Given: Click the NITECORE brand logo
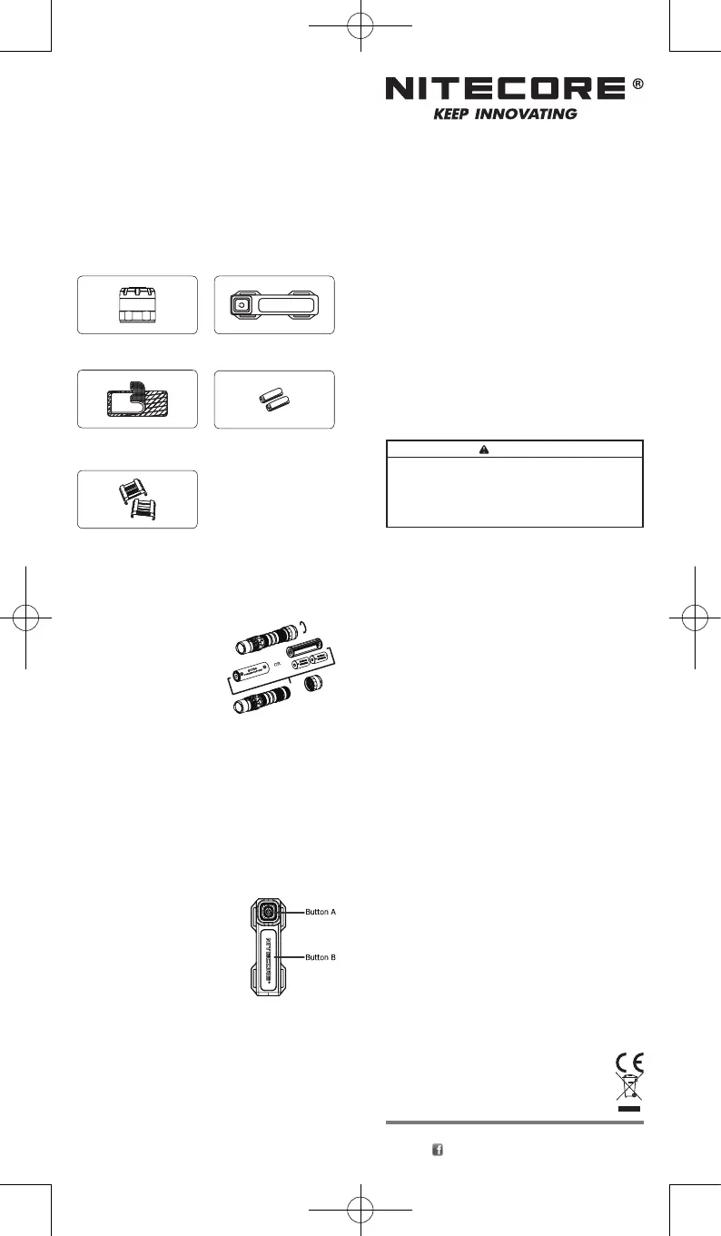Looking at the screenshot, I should pyautogui.click(x=507, y=88).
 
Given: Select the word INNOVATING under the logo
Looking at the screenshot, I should pyautogui.click(x=531, y=114).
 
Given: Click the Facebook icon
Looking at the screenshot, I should pyautogui.click(x=437, y=1150).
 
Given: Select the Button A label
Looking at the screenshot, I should pyautogui.click(x=321, y=911).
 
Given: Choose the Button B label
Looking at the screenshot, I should pyautogui.click(x=321, y=957).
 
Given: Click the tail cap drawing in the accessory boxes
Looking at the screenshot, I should pyautogui.click(x=137, y=303).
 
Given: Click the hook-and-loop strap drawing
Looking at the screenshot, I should pyautogui.click(x=136, y=400).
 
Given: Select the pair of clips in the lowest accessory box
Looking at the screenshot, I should pyautogui.click(x=138, y=499).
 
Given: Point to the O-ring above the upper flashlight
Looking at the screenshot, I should pyautogui.click(x=305, y=627).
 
